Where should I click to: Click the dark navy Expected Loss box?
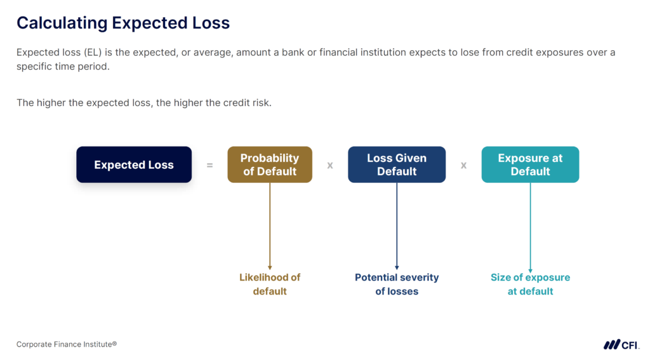134,164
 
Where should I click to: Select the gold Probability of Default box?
270,164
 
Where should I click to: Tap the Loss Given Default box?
397,164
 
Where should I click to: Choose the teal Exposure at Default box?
530,164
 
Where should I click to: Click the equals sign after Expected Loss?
209,166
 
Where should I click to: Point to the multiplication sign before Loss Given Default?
330,166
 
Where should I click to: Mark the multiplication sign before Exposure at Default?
463,166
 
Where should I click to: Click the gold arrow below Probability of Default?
270,227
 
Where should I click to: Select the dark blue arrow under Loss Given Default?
397,227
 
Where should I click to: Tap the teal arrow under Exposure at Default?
530,228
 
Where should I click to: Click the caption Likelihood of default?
270,284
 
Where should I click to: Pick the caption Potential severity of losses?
397,284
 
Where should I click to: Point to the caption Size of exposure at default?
530,284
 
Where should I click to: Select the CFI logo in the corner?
621,344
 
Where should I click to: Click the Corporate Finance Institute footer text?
67,344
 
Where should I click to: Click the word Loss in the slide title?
211,23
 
